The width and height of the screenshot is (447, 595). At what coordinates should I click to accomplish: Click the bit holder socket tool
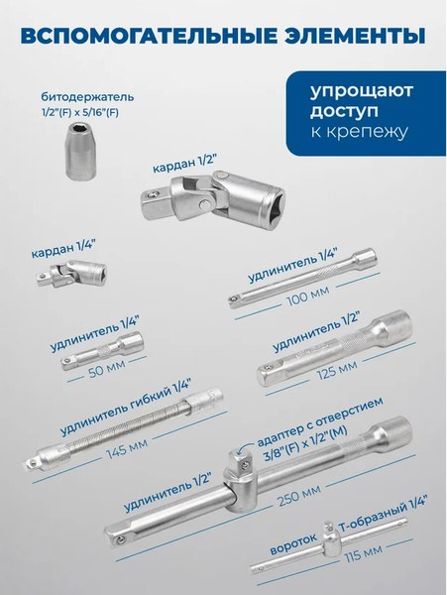pyautogui.click(x=74, y=148)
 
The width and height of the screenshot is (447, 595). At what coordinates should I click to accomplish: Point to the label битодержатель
pyautogui.click(x=87, y=98)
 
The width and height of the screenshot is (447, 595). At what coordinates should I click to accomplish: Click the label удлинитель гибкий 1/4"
pyautogui.click(x=123, y=410)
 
